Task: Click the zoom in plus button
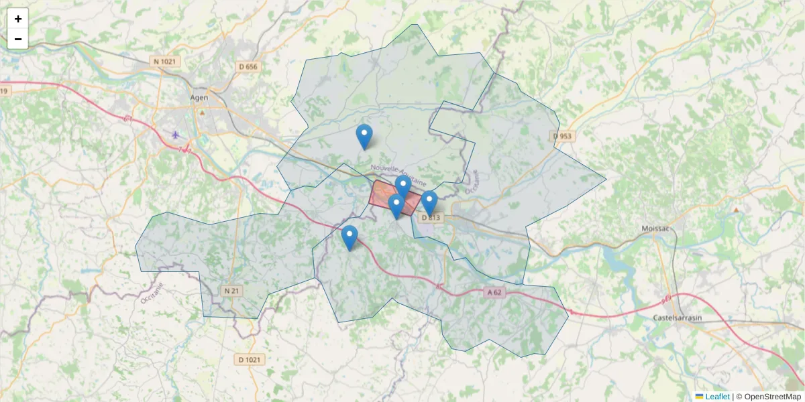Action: point(18,19)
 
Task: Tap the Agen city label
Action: point(199,97)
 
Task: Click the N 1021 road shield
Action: point(166,62)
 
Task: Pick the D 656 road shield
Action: point(248,66)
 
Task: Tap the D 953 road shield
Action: point(563,136)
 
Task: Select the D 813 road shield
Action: point(431,217)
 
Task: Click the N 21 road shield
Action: point(231,291)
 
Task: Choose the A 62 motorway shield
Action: point(495,292)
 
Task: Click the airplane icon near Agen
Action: point(176,135)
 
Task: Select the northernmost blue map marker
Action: point(364,136)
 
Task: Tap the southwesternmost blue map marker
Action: point(350,237)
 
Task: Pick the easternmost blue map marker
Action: point(429,202)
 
